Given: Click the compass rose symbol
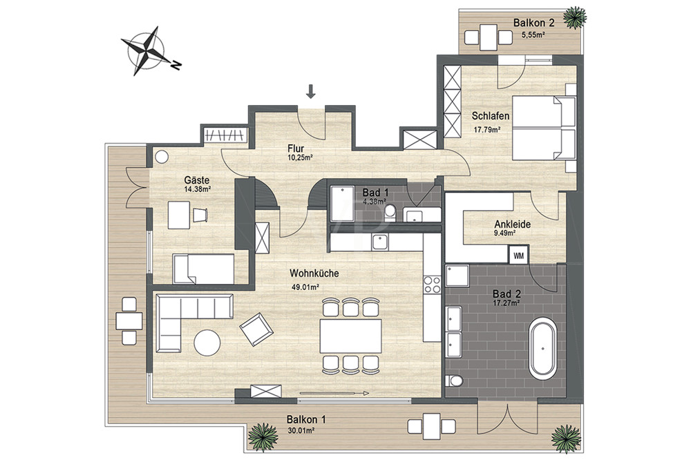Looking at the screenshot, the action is pos(146,50).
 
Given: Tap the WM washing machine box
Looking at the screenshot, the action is pos(518,255).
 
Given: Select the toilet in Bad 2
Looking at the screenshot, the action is pos(453,381).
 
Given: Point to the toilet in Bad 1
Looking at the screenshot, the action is pos(390,213).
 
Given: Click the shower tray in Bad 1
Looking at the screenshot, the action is pos(342,203).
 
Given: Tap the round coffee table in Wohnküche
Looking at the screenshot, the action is pos(207,343).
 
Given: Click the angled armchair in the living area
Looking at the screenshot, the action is pos(256,329).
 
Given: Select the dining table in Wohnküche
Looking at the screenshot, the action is pos(351,336).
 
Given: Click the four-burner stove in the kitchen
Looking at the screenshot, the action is pos(432,284).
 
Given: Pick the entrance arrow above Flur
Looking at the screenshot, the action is pos(311,91).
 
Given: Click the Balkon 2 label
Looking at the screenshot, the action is pos(533,23).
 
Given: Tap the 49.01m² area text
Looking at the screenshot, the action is pos(305,287).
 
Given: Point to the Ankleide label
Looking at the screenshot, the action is pos(512,224).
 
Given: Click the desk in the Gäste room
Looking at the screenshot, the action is pos(179,215).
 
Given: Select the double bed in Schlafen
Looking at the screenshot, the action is pos(544,128).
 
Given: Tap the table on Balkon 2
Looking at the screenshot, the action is pos(489,37).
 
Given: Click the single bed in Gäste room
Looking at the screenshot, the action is pos(203,269).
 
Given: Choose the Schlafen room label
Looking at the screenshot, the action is pos(491,116).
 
